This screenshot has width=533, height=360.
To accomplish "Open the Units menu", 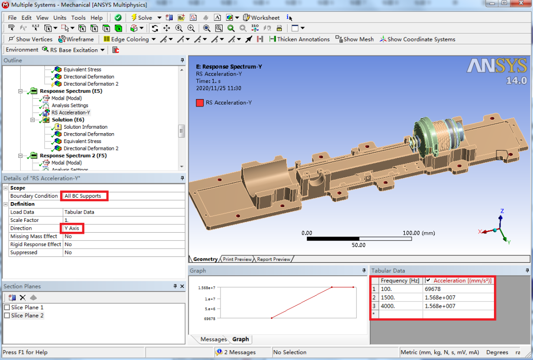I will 60,18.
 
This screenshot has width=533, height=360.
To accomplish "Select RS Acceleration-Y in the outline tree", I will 71,112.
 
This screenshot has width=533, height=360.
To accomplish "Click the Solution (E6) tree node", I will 68,120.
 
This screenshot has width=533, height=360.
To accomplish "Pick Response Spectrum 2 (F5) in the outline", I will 73,155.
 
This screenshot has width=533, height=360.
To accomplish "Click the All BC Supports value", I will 83,196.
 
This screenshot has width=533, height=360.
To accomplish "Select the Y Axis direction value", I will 72,228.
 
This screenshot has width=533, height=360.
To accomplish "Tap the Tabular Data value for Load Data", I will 79,212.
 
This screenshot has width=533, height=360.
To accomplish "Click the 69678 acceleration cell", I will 433,289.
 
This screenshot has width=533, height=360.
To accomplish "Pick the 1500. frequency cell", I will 387,297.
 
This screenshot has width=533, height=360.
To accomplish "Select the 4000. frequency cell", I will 387,306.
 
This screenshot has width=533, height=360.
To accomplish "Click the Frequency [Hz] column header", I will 400,281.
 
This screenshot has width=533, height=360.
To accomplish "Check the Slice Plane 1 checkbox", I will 7,308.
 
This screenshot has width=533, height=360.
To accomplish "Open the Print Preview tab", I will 237,259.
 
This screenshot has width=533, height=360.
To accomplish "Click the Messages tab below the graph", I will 213,339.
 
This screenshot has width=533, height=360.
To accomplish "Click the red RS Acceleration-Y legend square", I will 199,103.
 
